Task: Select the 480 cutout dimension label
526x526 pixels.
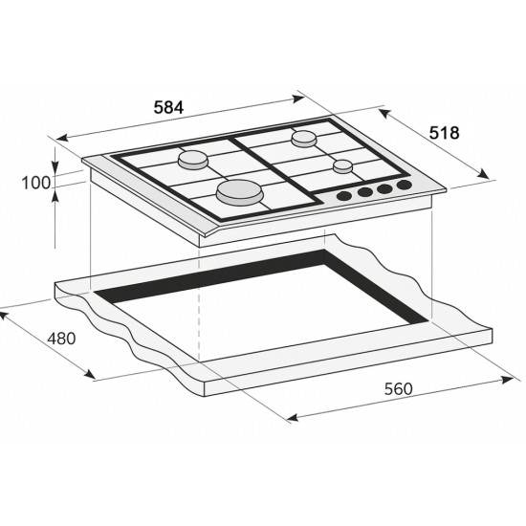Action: click(59, 340)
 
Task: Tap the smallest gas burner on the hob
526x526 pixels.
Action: click(342, 167)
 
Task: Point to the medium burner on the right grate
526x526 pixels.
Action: click(304, 139)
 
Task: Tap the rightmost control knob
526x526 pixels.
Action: click(404, 184)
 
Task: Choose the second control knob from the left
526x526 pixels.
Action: click(364, 193)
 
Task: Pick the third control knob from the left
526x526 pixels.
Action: click(384, 188)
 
